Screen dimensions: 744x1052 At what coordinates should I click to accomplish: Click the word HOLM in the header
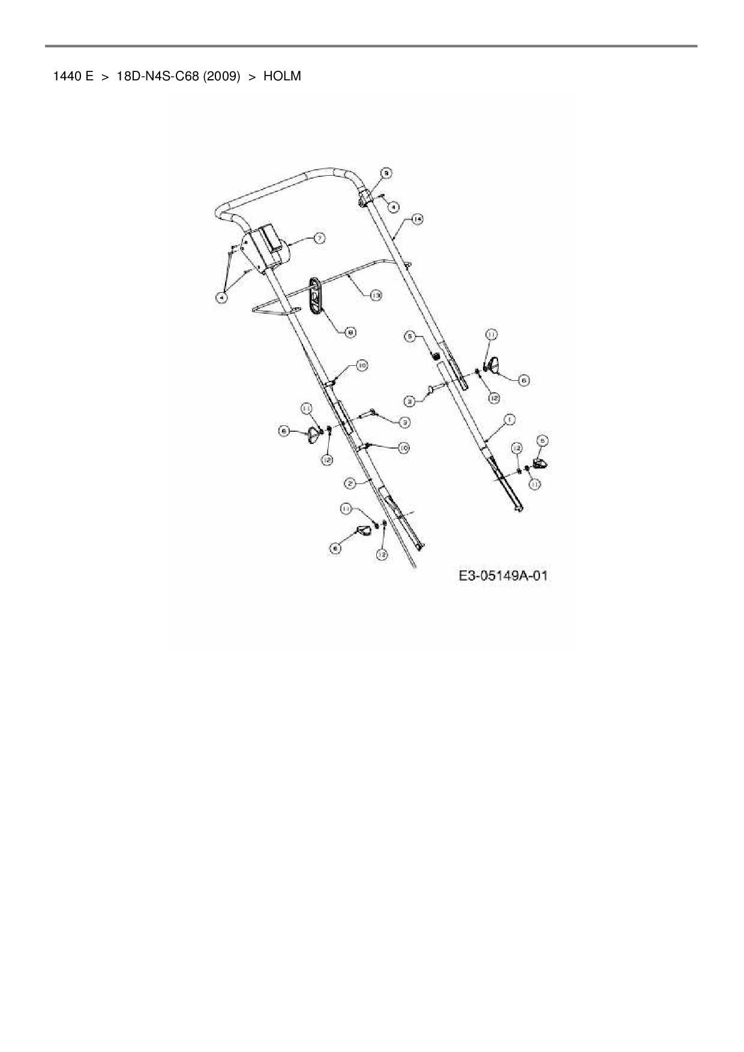click(x=282, y=77)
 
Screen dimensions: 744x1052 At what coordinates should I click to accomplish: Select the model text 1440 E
click(x=73, y=77)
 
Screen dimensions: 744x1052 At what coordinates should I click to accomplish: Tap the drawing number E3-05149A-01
click(x=503, y=576)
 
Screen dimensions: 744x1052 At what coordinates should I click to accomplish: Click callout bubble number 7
click(x=320, y=238)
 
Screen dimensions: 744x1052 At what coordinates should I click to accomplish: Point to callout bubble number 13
click(x=376, y=295)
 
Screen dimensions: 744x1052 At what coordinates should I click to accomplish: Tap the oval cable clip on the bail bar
click(x=316, y=295)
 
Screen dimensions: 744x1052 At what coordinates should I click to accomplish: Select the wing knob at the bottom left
click(x=363, y=531)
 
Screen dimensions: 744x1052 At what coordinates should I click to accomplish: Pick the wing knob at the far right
click(x=540, y=462)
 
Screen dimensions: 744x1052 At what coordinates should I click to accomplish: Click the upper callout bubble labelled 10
click(x=362, y=365)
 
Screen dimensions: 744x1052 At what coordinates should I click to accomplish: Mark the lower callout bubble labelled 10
click(x=403, y=447)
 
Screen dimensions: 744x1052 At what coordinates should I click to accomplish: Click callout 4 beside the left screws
click(x=222, y=297)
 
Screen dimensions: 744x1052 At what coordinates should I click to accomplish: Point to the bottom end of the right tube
click(x=518, y=509)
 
